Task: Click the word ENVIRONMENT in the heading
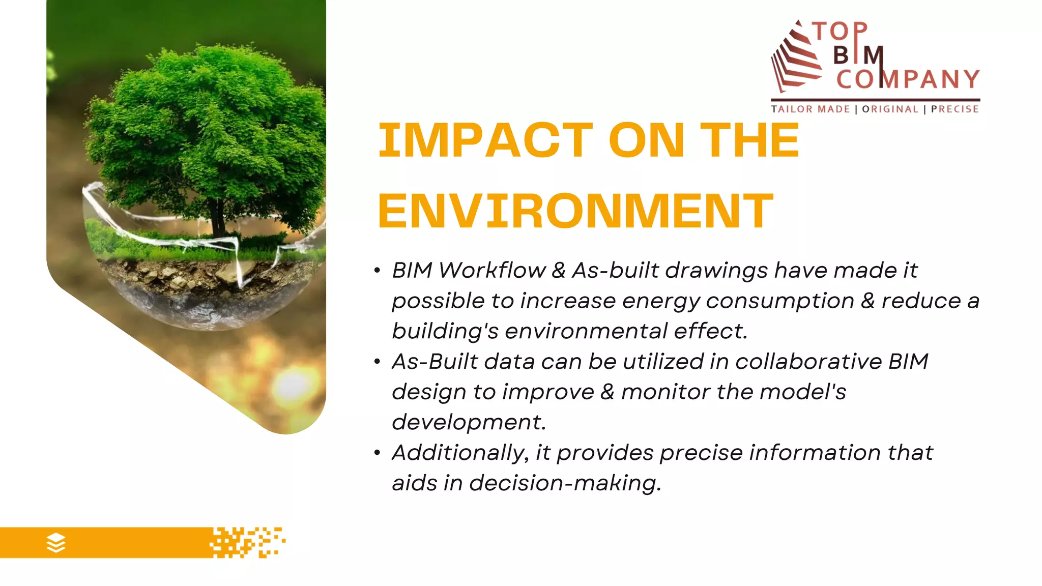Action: point(575,211)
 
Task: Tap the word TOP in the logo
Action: point(840,32)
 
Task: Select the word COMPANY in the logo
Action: point(908,79)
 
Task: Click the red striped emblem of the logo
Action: point(796,58)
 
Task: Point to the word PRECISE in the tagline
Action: point(954,109)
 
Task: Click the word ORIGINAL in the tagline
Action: point(890,109)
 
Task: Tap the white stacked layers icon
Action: point(56,543)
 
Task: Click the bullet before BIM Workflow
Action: point(377,271)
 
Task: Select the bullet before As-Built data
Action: point(377,362)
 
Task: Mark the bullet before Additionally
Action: point(377,453)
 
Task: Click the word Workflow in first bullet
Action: point(491,270)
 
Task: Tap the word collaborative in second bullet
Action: point(808,362)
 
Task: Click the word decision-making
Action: point(565,483)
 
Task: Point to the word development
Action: point(469,422)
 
